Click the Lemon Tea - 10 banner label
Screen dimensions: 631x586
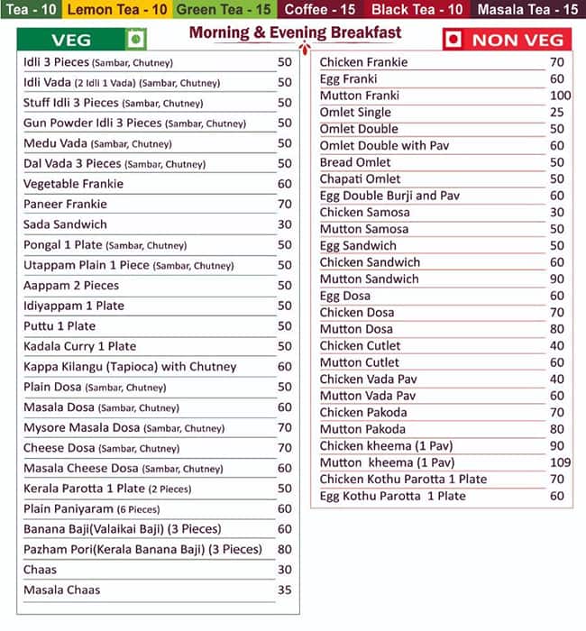(x=117, y=10)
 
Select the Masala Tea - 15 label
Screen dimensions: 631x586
(x=528, y=10)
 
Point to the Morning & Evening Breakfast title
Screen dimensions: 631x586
(x=296, y=33)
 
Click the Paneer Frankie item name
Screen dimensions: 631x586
(x=65, y=204)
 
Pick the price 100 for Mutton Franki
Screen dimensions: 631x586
(x=560, y=96)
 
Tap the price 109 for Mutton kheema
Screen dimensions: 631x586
(x=560, y=462)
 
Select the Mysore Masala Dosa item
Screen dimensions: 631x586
(x=124, y=427)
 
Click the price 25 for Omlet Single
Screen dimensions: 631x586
(x=556, y=113)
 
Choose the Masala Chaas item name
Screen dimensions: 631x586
(x=61, y=590)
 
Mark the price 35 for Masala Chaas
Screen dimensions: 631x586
(x=285, y=590)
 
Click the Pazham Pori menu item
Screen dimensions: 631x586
(x=142, y=549)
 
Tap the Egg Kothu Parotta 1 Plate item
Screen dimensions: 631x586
(x=392, y=496)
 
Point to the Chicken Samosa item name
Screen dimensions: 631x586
(x=364, y=212)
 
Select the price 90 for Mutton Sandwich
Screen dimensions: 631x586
(x=556, y=279)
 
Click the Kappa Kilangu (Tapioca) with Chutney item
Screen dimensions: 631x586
(x=130, y=366)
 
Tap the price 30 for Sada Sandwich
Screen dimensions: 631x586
(x=285, y=224)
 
